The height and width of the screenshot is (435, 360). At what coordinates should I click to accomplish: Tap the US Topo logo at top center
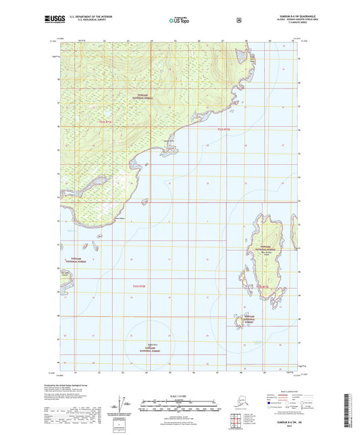(x=179, y=20)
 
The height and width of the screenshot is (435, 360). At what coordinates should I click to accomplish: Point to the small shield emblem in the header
(x=238, y=20)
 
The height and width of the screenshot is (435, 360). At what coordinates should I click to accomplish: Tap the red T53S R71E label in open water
(x=138, y=286)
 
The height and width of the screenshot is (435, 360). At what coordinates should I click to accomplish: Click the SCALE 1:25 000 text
(x=179, y=395)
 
